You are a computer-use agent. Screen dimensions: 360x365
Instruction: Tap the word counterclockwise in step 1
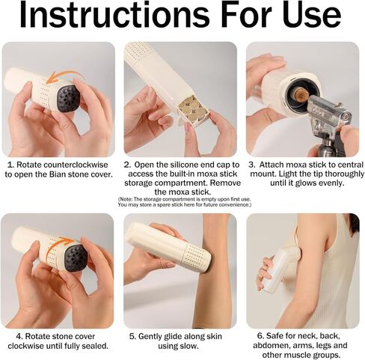(76, 164)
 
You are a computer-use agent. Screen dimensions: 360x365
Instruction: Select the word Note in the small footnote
(127, 198)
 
